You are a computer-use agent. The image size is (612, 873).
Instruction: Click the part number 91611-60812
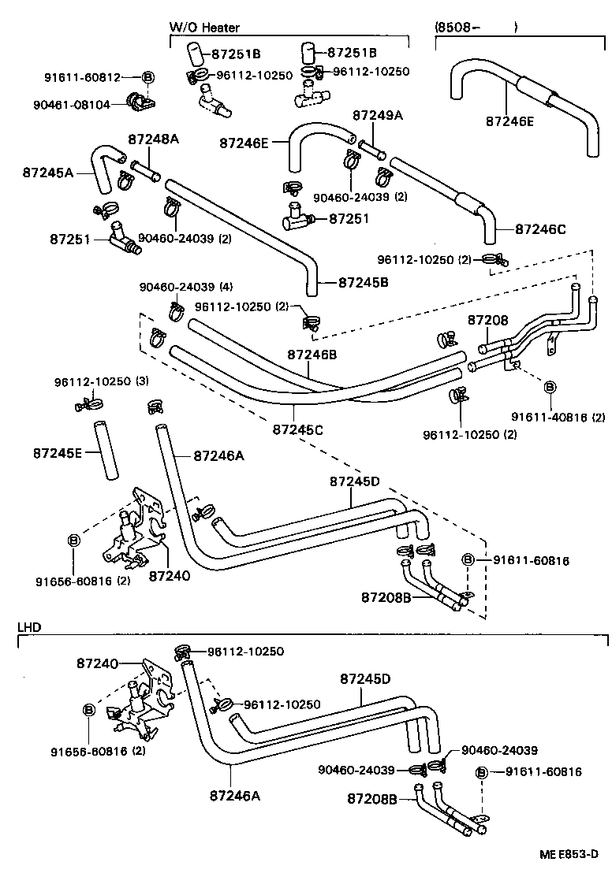pyautogui.click(x=82, y=77)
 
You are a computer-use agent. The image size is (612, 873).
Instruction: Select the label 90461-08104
pyautogui.click(x=82, y=102)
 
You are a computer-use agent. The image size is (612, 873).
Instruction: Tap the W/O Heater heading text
pyautogui.click(x=204, y=27)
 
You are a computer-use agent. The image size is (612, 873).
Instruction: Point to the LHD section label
pyautogui.click(x=29, y=627)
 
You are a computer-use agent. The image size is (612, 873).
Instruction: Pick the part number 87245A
pyautogui.click(x=48, y=170)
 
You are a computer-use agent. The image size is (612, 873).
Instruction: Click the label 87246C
pyautogui.click(x=541, y=229)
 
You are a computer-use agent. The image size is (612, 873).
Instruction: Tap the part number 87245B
pyautogui.click(x=365, y=281)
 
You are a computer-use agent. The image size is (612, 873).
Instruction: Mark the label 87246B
pyautogui.click(x=312, y=355)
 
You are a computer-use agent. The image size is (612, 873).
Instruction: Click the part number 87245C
pyautogui.click(x=297, y=430)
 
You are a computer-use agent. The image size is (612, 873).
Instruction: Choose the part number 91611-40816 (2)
pyautogui.click(x=558, y=418)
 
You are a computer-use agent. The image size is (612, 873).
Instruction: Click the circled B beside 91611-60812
pyautogui.click(x=147, y=77)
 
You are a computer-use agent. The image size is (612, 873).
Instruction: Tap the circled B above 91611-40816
pyautogui.click(x=550, y=387)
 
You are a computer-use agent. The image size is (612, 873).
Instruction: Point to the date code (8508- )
pyautogui.click(x=476, y=27)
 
